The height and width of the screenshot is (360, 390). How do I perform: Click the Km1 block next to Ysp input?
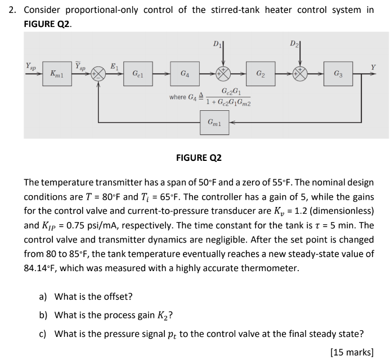(56, 74)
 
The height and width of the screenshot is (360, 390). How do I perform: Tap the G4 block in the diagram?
(185, 74)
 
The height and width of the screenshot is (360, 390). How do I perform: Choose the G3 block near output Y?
(337, 74)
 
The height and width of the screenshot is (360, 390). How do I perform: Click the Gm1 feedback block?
(214, 121)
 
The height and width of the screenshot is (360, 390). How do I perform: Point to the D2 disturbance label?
(295, 43)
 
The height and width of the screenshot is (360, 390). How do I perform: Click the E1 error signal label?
(114, 66)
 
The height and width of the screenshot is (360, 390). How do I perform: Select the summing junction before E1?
(100, 74)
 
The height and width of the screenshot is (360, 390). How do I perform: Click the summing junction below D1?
(223, 74)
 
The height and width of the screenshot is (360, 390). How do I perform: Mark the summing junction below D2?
(301, 74)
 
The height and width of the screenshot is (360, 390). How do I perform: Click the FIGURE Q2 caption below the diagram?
(199, 158)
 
